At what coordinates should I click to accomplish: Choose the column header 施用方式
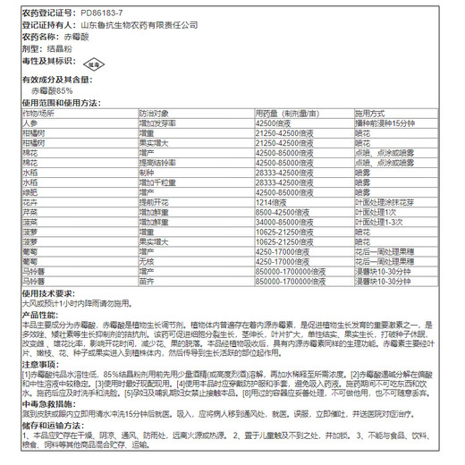[369, 114]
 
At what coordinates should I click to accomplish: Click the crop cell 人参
[30, 123]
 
